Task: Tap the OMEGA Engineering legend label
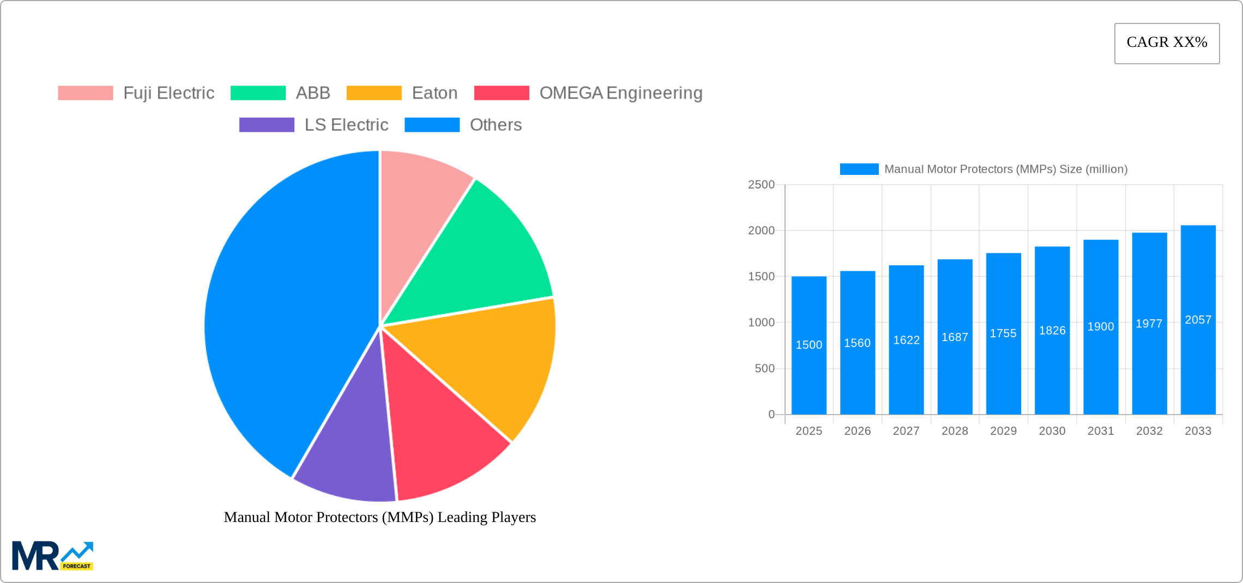620,93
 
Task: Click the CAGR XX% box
1167,43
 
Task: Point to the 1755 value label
1003,333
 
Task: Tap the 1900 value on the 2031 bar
1101,327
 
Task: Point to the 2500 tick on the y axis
761,185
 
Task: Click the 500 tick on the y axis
764,369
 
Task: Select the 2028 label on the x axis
955,431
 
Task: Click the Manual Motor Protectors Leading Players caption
380,517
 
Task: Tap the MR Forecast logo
52,556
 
